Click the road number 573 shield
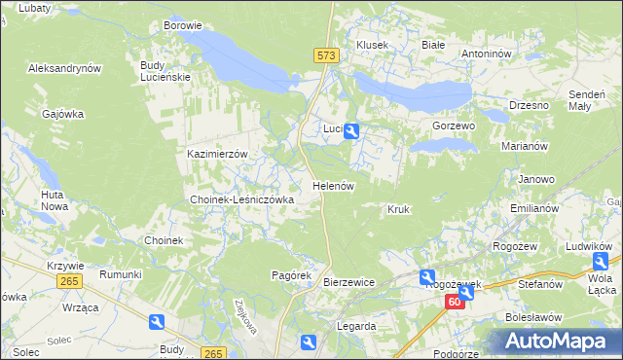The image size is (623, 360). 326,57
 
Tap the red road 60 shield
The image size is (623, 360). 456,304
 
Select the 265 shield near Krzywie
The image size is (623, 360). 68,281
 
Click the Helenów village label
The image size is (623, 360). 332,185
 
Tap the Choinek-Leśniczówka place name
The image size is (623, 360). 241,199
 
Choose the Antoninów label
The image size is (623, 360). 486,54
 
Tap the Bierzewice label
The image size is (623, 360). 348,282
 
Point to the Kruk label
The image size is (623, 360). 398,209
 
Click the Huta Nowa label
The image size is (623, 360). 54,200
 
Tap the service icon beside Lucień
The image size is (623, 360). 352,129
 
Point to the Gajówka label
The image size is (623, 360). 63,114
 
